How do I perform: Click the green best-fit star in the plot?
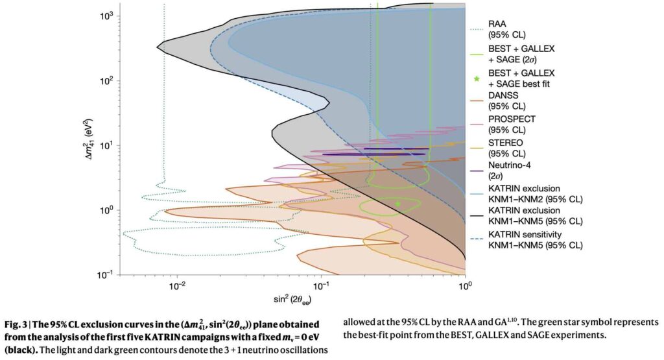pos(397,204)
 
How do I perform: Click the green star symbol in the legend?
pos(477,78)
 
